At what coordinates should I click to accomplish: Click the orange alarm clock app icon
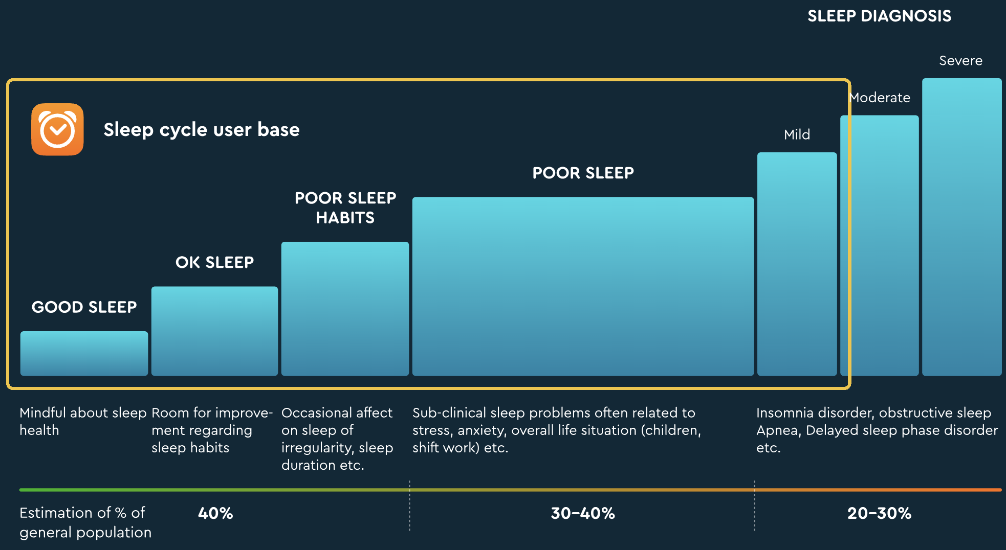tap(57, 129)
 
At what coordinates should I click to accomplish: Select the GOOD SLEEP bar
tap(84, 353)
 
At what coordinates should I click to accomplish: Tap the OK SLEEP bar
tap(214, 331)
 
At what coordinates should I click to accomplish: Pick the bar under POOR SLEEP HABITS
tap(345, 308)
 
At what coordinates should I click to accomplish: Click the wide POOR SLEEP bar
tap(583, 286)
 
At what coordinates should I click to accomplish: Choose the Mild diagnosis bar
tap(797, 264)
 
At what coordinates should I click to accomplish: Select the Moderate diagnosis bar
tap(879, 245)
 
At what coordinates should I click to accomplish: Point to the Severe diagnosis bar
tap(961, 227)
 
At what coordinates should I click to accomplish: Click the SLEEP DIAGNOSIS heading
tap(879, 16)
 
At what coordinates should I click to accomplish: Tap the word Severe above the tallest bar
tap(960, 61)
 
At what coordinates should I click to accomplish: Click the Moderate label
tap(880, 98)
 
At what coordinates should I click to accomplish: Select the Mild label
tap(797, 135)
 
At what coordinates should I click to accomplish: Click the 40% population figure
tap(215, 513)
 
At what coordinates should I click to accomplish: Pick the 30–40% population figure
tap(583, 513)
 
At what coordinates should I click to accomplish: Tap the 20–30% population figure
tap(879, 513)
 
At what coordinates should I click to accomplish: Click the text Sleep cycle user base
tap(201, 130)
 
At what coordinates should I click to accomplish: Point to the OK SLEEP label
tap(214, 262)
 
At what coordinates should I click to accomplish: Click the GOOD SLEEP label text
tap(84, 307)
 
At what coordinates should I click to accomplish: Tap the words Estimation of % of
tap(82, 513)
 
